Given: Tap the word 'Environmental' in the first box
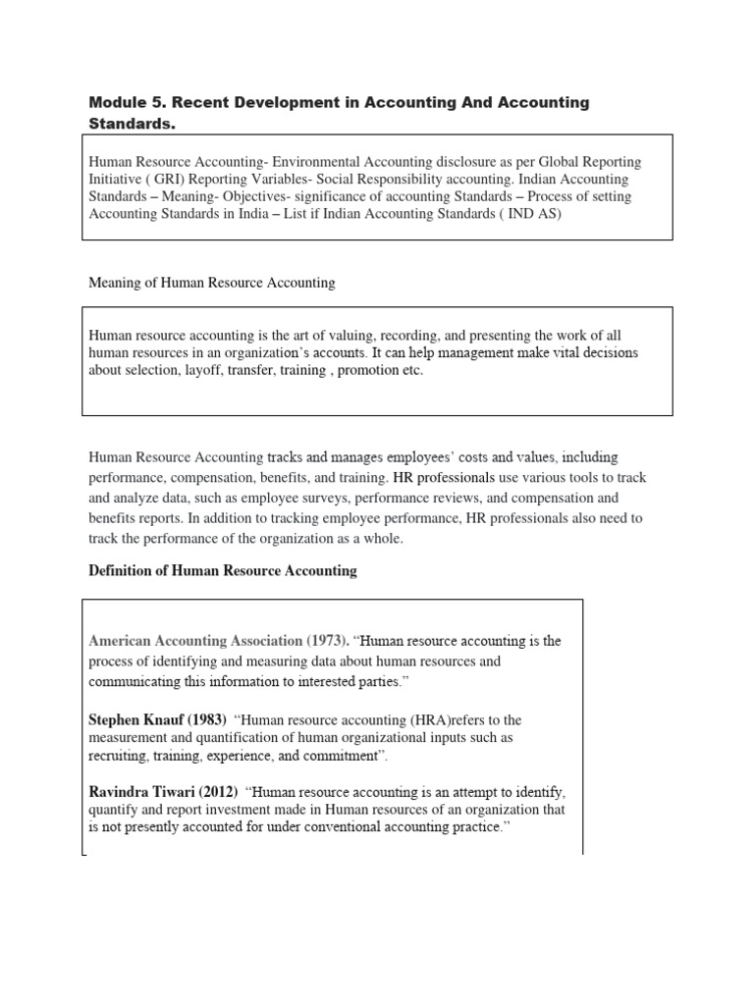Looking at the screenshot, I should [319, 161].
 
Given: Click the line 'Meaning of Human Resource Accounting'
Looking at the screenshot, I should [211, 283].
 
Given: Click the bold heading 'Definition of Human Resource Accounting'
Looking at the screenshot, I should [223, 571].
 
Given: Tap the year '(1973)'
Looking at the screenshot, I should [323, 641].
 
